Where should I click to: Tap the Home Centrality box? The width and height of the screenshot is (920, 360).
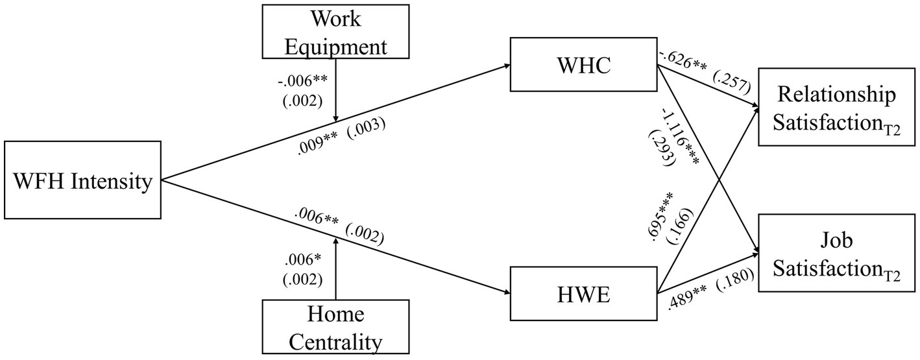335,327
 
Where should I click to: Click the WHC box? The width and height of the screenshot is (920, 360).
584,65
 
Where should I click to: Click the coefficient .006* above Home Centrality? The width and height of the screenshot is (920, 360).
304,261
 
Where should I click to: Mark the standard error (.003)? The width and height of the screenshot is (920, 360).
367,128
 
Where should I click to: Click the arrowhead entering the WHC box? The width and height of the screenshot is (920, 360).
505,66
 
